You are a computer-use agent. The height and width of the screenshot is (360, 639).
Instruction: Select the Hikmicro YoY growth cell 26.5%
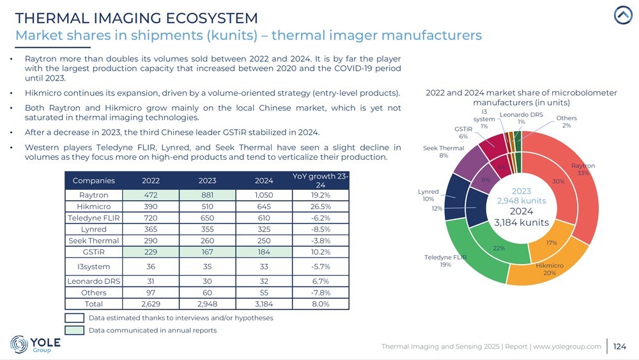coord(320,207)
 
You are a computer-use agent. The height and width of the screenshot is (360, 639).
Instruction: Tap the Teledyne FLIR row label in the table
coord(94,218)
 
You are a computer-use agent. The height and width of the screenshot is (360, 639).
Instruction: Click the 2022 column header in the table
coord(151,180)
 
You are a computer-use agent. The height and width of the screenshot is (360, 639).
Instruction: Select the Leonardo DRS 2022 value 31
coord(151,281)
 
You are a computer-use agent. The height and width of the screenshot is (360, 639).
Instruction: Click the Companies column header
coord(94,180)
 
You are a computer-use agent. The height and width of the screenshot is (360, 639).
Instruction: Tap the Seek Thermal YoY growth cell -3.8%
coord(320,240)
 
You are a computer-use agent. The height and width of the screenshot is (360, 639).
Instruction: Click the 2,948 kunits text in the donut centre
coord(521,200)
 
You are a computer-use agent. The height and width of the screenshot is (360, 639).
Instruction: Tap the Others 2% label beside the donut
coord(566,121)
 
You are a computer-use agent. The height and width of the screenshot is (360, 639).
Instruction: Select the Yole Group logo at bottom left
coord(36,344)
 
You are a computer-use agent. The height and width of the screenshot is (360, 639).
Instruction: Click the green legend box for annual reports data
coord(75,330)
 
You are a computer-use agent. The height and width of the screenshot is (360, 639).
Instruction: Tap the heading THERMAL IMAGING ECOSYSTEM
coord(136,18)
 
